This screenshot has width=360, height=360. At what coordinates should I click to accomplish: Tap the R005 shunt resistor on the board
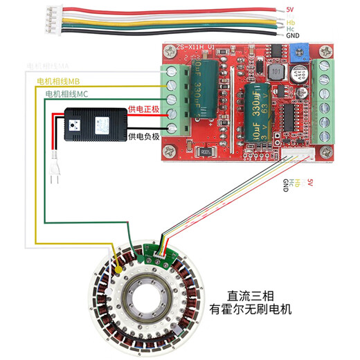(204, 150)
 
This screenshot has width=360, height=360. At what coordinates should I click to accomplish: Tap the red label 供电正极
(144, 109)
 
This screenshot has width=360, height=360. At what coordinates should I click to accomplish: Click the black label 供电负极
(144, 136)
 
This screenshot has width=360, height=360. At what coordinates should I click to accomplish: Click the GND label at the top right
(292, 35)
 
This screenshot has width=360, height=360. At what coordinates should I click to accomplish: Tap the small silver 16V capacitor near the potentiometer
(299, 76)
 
